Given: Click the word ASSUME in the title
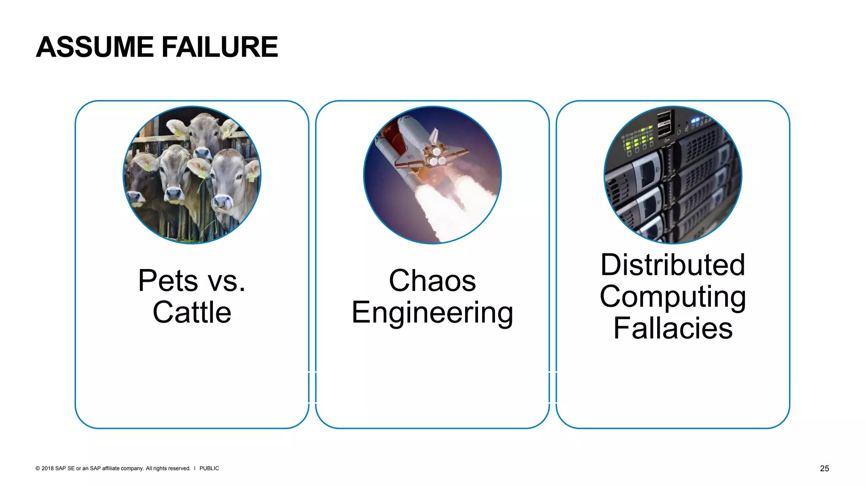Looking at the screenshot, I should point(95,47).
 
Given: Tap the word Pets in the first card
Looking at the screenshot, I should point(168,281).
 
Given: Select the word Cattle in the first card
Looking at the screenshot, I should point(192,313).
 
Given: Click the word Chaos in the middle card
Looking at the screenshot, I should point(432,281).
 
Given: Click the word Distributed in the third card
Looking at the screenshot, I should point(672,265).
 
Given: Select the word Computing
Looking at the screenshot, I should point(672,297).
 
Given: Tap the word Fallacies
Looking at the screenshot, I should point(672,329).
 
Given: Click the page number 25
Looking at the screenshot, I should point(824,468).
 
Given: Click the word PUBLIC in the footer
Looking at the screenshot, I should point(209,468).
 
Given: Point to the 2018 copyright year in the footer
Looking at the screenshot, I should point(47,468).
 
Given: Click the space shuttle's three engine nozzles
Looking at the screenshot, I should point(435,156).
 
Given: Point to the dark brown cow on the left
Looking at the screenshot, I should point(141,181).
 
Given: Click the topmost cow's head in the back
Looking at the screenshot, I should point(203,135).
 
